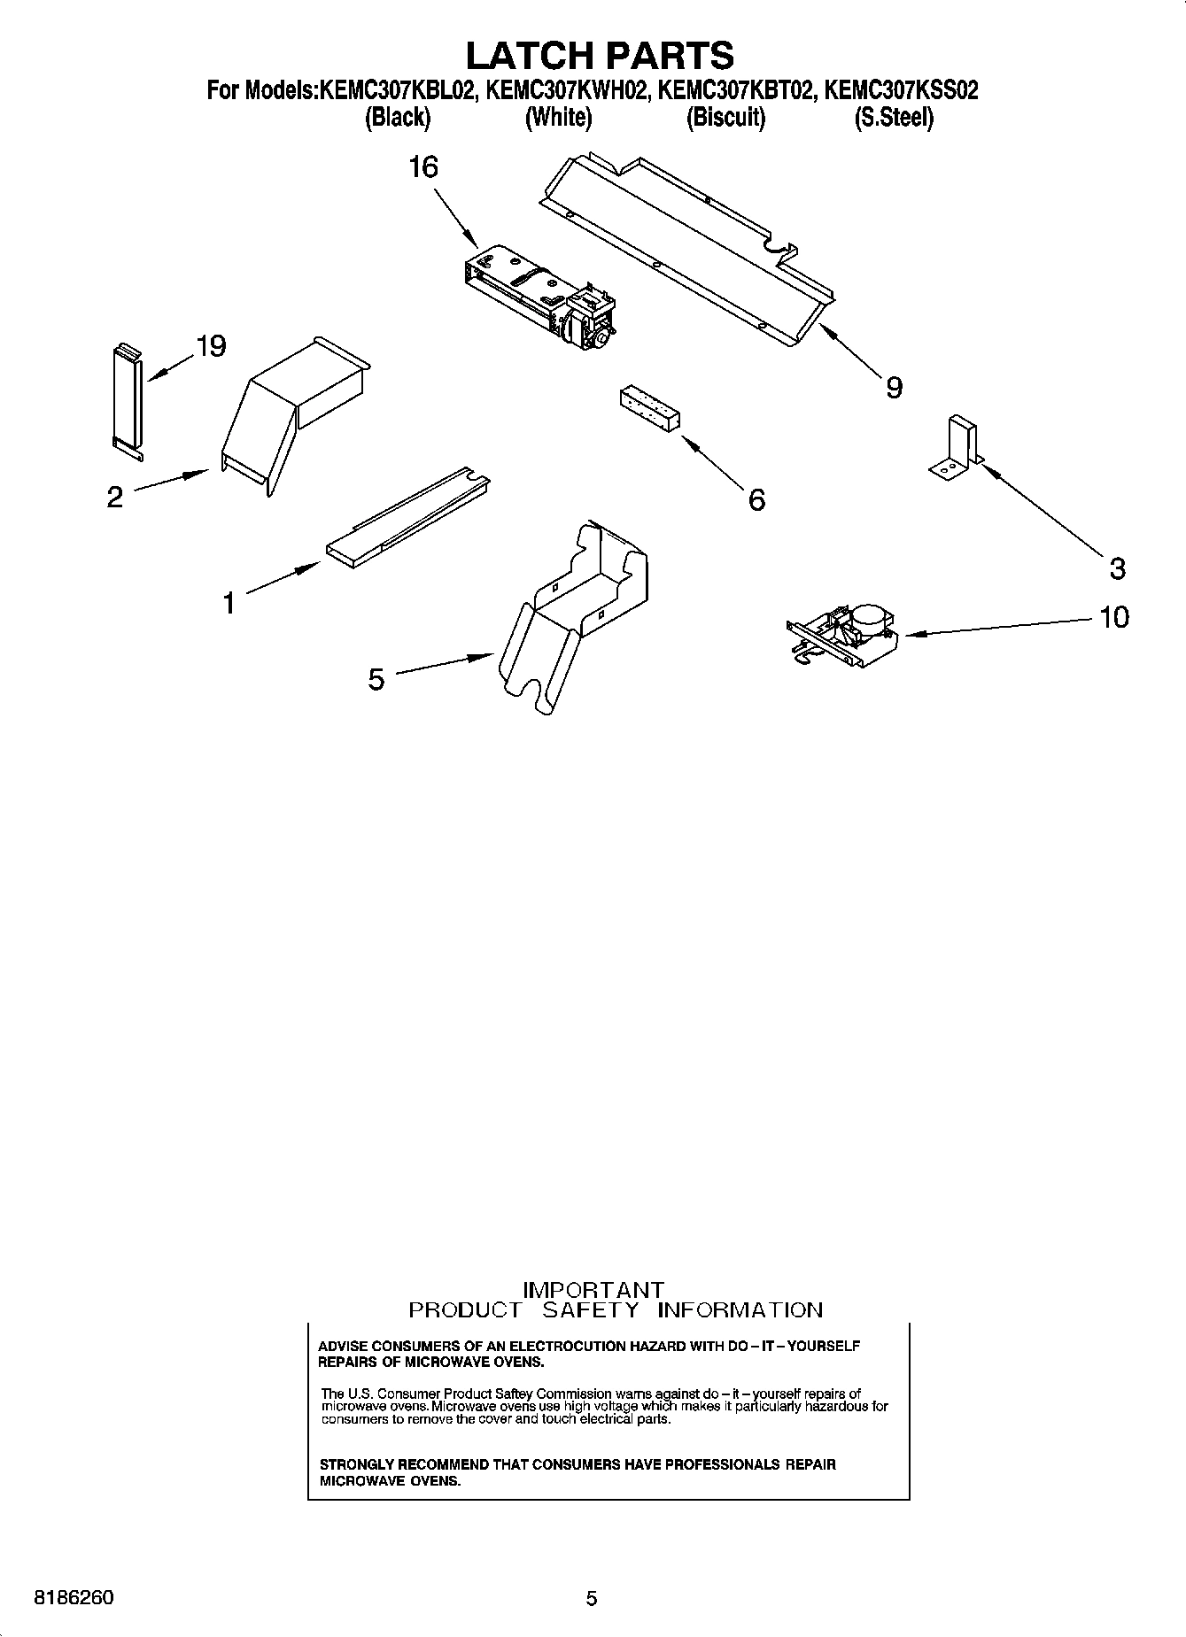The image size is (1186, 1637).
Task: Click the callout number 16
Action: (423, 166)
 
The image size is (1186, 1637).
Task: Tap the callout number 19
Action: (211, 346)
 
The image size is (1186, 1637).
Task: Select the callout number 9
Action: (894, 387)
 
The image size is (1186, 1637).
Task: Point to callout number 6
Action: (756, 500)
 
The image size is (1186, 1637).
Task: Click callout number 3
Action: (1117, 568)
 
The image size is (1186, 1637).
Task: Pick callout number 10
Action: (1114, 616)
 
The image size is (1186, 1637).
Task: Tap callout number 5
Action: (376, 680)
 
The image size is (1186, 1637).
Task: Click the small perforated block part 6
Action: (650, 409)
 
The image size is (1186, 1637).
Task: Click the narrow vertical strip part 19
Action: (126, 400)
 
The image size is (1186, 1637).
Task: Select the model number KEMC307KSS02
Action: (901, 90)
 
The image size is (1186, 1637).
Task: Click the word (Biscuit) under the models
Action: (725, 117)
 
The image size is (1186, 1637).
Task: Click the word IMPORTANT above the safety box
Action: (593, 1290)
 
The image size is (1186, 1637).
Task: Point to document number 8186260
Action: (74, 1597)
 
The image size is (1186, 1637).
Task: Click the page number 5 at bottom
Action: (592, 1598)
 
